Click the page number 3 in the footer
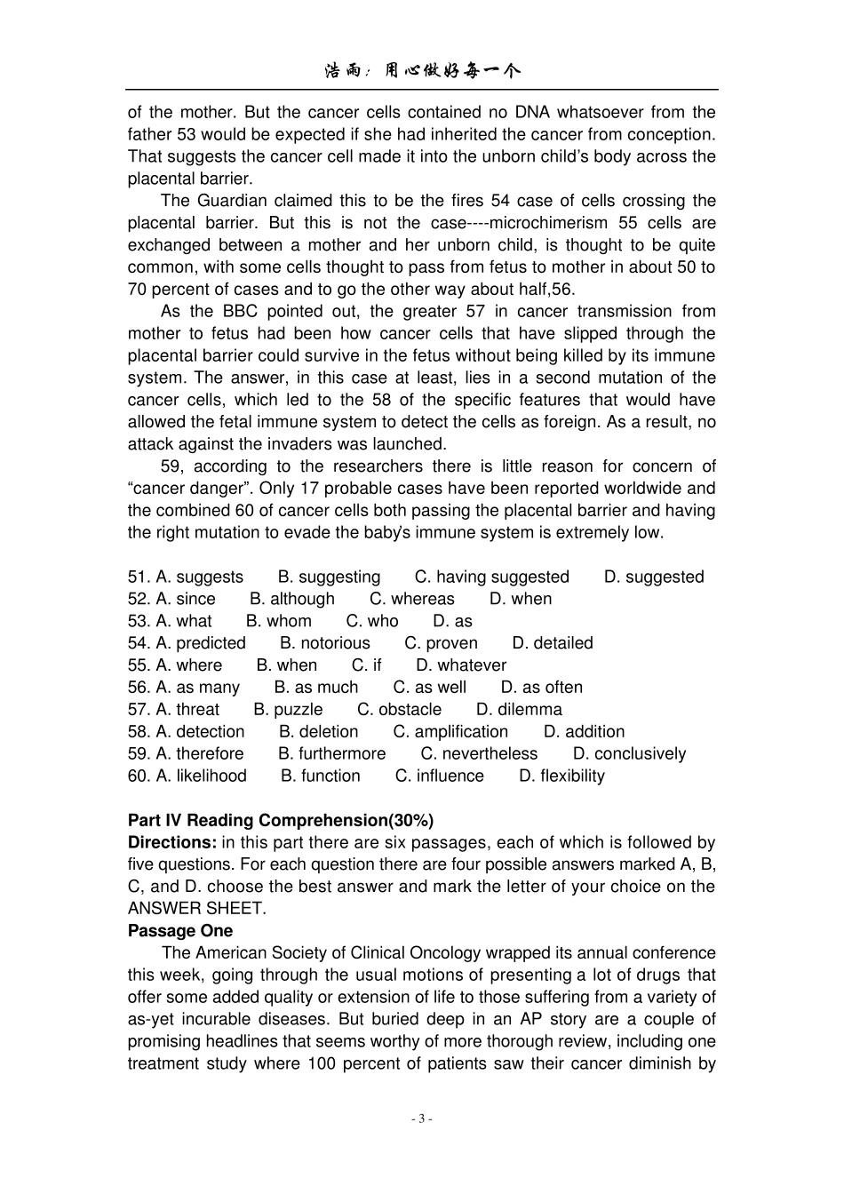(x=422, y=1118)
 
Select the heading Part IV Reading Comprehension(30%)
(x=280, y=820)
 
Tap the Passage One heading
(x=180, y=931)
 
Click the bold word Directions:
(x=172, y=842)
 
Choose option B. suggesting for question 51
(x=329, y=577)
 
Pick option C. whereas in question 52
(x=411, y=599)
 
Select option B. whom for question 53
(x=279, y=621)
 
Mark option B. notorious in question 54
(x=324, y=643)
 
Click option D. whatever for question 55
(x=461, y=665)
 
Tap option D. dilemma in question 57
(x=519, y=710)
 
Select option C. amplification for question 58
(x=450, y=732)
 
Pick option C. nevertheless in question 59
(x=479, y=754)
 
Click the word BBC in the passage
(x=240, y=311)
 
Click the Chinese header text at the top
(x=422, y=71)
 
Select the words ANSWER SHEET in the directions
(x=196, y=909)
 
